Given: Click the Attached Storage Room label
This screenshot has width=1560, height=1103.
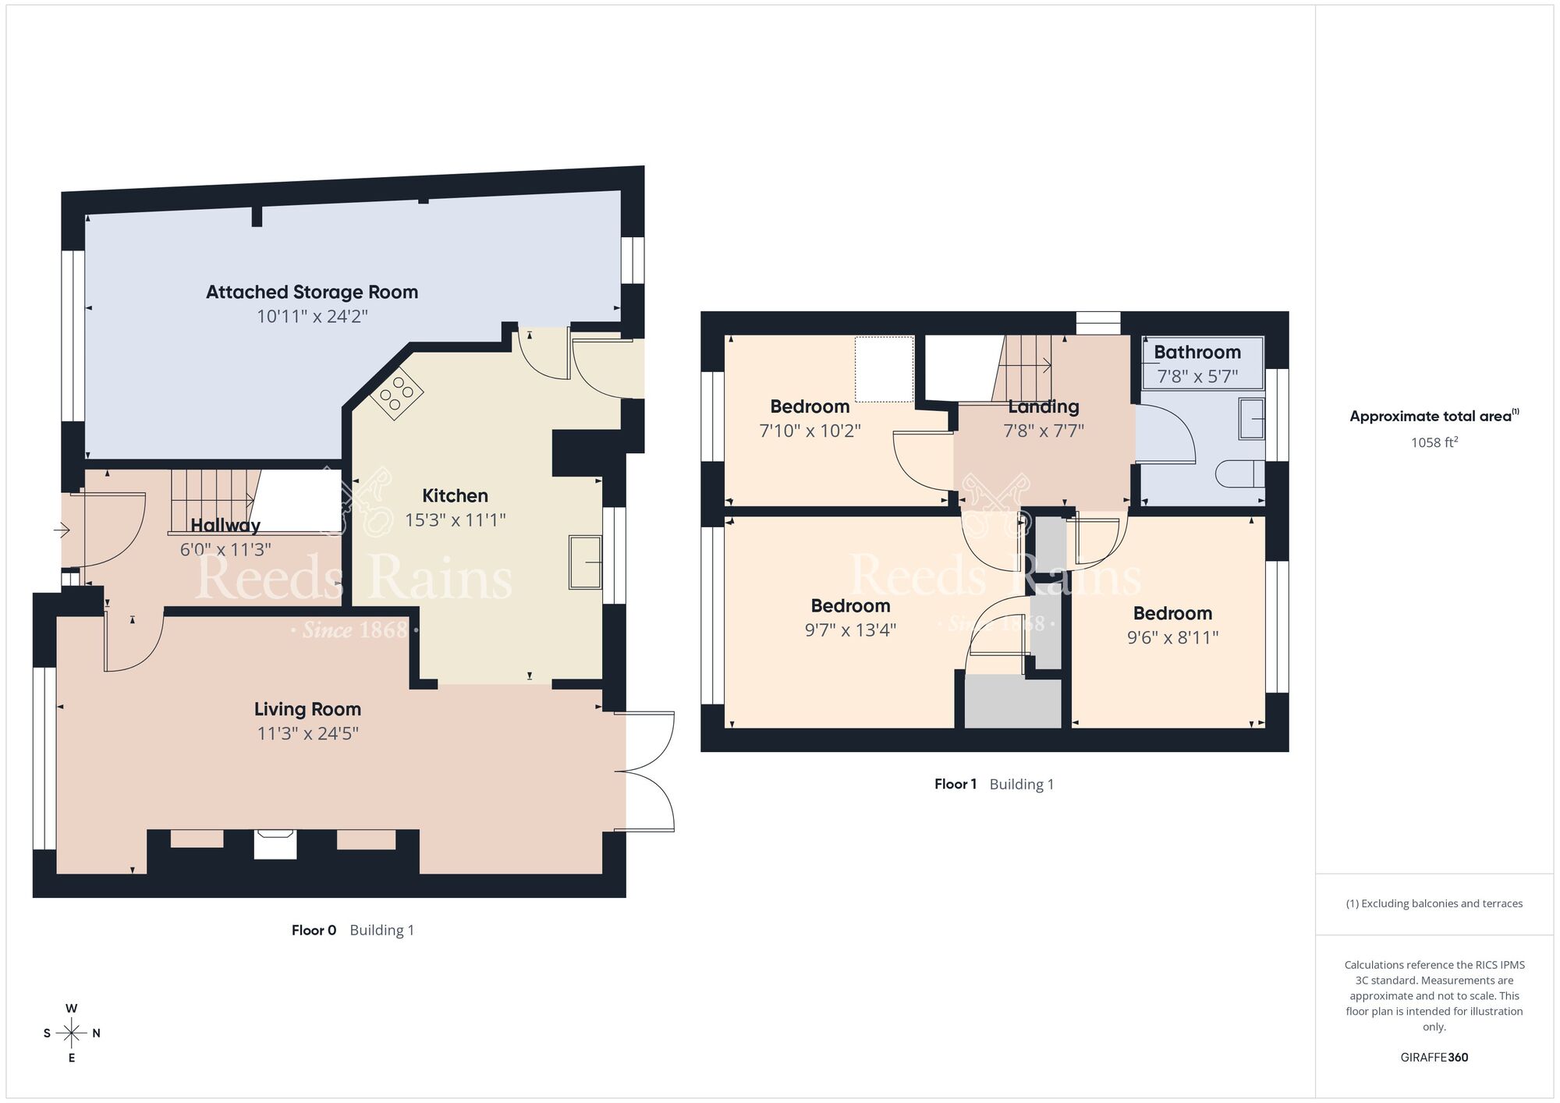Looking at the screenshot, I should point(312,292).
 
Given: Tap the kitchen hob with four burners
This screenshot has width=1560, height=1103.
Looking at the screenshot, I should point(397,393).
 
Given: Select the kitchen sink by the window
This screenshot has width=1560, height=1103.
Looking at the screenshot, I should point(585,562).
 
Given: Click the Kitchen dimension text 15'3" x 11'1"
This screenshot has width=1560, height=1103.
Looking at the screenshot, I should point(456,520).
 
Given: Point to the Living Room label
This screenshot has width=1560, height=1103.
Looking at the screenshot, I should point(307,709).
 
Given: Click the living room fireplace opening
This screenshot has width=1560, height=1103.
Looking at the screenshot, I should point(275,845).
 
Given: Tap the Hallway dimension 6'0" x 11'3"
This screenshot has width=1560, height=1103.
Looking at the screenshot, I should point(225,549).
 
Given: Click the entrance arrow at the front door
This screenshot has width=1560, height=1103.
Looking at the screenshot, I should point(62,531).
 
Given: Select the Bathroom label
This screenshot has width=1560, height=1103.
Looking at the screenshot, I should point(1197,352).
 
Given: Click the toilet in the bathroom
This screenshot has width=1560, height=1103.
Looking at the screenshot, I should point(1240,473).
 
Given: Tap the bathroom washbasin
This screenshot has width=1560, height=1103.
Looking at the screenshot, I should point(1250,419).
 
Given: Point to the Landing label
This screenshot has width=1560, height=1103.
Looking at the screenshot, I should point(1044,406).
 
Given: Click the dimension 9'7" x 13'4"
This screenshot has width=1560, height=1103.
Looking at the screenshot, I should point(850,630).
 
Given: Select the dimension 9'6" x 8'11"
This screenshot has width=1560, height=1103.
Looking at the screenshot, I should point(1172,637).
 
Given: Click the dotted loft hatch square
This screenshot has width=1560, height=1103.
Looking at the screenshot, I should point(885,368).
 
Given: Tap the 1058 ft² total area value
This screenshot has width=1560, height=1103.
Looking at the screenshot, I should point(1434,442).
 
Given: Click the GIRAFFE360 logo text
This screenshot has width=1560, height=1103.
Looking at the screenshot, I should point(1434,1057).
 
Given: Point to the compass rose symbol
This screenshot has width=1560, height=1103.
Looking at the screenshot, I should point(72,1033).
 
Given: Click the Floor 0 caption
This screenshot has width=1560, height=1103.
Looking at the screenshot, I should point(314,930).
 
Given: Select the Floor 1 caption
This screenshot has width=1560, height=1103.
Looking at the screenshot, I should point(955,784).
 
